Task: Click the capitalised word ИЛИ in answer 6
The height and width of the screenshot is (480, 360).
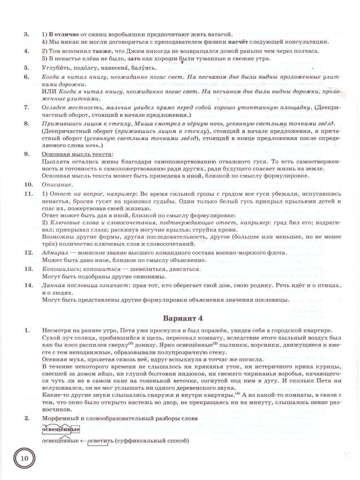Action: [48, 92]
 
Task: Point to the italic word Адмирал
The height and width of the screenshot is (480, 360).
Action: [55, 252]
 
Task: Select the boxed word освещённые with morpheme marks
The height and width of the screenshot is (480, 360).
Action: [60, 430]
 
